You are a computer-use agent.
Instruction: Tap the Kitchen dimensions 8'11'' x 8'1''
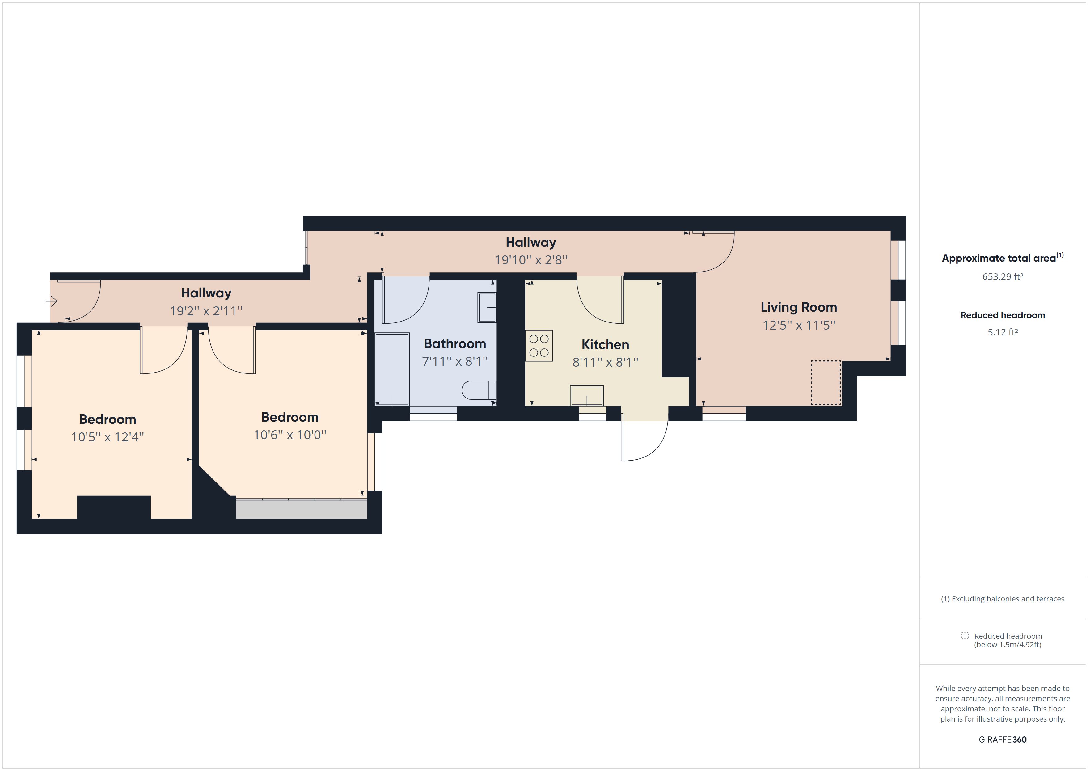tap(605, 362)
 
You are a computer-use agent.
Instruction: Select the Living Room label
tap(799, 307)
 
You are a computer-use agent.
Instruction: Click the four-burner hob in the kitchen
tap(539, 346)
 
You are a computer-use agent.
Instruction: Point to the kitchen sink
tap(587, 395)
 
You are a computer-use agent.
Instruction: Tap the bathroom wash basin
tap(487, 308)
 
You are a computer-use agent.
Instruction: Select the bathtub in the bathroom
tap(392, 369)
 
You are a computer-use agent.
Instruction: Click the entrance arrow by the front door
tap(51, 301)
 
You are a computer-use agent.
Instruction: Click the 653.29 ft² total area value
tap(1002, 277)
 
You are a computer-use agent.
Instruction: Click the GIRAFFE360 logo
tap(1002, 739)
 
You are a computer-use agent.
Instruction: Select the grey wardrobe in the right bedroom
tap(302, 509)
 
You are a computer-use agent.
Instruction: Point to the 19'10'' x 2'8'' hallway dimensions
tap(531, 260)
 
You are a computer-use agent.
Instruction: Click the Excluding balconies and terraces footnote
tap(1002, 599)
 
